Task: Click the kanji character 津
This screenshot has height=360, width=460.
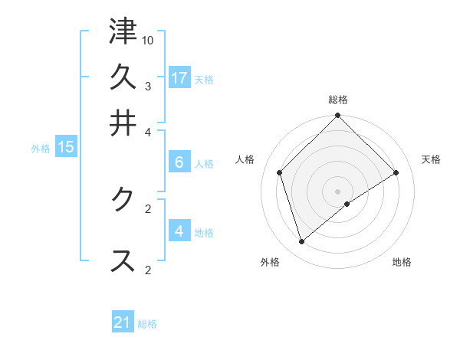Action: (123, 32)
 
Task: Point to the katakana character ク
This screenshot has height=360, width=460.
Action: (123, 198)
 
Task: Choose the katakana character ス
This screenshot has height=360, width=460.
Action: (123, 260)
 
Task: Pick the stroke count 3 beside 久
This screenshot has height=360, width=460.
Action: (148, 85)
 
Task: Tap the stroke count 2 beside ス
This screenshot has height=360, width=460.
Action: (148, 270)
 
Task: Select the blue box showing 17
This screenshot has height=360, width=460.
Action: (179, 77)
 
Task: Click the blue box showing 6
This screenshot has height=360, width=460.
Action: (179, 162)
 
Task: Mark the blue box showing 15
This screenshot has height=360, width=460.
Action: (65, 147)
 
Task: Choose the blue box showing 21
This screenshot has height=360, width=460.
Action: (123, 322)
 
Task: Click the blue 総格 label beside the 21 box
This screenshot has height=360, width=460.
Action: (147, 324)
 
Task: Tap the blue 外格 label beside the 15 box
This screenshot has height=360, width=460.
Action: (41, 149)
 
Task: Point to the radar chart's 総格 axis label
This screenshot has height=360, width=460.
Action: (338, 100)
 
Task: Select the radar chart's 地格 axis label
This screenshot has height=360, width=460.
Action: (402, 262)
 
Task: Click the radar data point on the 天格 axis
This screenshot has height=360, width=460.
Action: (396, 172)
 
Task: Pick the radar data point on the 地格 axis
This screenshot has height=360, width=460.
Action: (347, 204)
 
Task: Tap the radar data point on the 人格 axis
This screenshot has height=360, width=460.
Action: (280, 172)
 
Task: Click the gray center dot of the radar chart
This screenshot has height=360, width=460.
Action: (338, 191)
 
